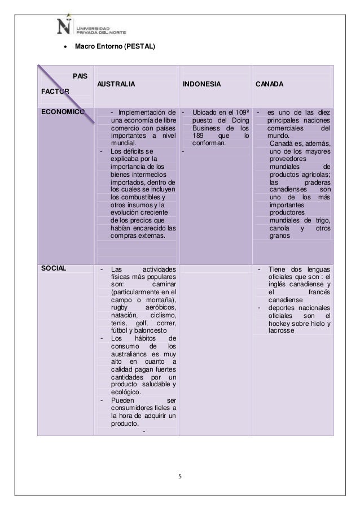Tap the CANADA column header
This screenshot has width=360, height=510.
tap(269, 84)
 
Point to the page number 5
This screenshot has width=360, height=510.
tap(179, 474)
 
